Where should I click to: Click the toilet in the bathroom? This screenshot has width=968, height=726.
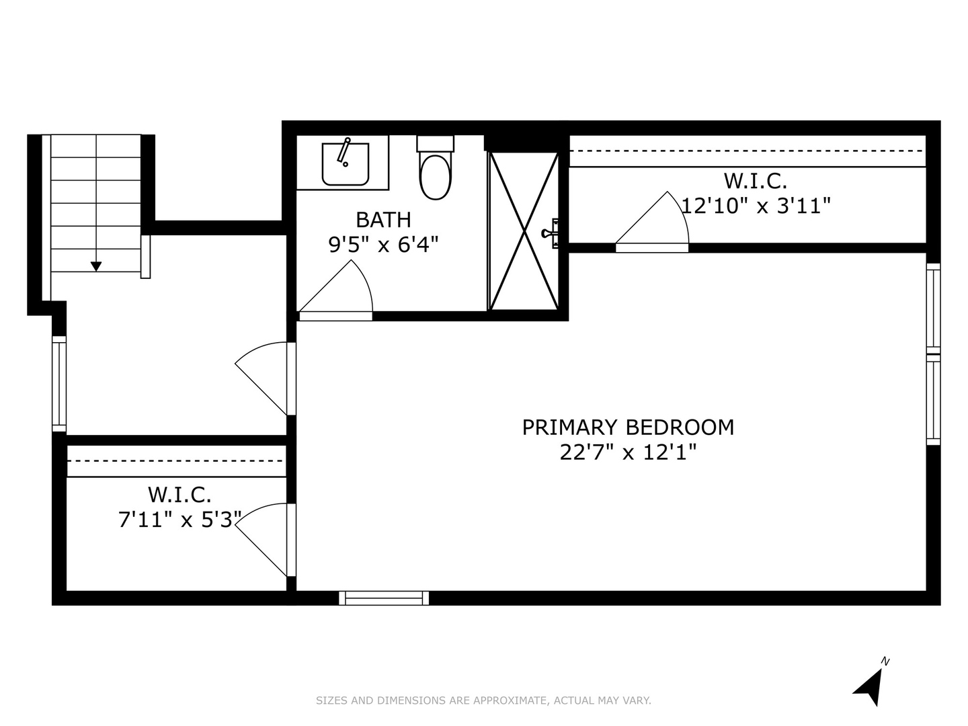435,176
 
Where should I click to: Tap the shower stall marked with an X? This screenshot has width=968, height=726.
524,231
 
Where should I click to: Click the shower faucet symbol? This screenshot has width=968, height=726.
550,233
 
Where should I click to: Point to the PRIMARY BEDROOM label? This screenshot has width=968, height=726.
628,428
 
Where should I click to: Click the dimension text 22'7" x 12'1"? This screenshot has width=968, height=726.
628,452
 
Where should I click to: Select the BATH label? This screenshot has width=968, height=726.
383,220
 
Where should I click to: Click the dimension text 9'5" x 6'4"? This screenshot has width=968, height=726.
383,245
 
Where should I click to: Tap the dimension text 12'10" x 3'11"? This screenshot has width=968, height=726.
756,206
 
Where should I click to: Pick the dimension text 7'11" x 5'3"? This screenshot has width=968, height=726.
179,520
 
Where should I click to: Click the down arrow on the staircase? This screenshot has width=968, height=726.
96,266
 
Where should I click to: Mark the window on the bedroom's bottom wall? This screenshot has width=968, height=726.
384,598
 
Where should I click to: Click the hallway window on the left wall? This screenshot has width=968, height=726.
59,384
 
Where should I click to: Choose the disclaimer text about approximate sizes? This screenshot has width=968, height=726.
483,700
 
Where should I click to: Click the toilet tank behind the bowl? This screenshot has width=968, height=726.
435,143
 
